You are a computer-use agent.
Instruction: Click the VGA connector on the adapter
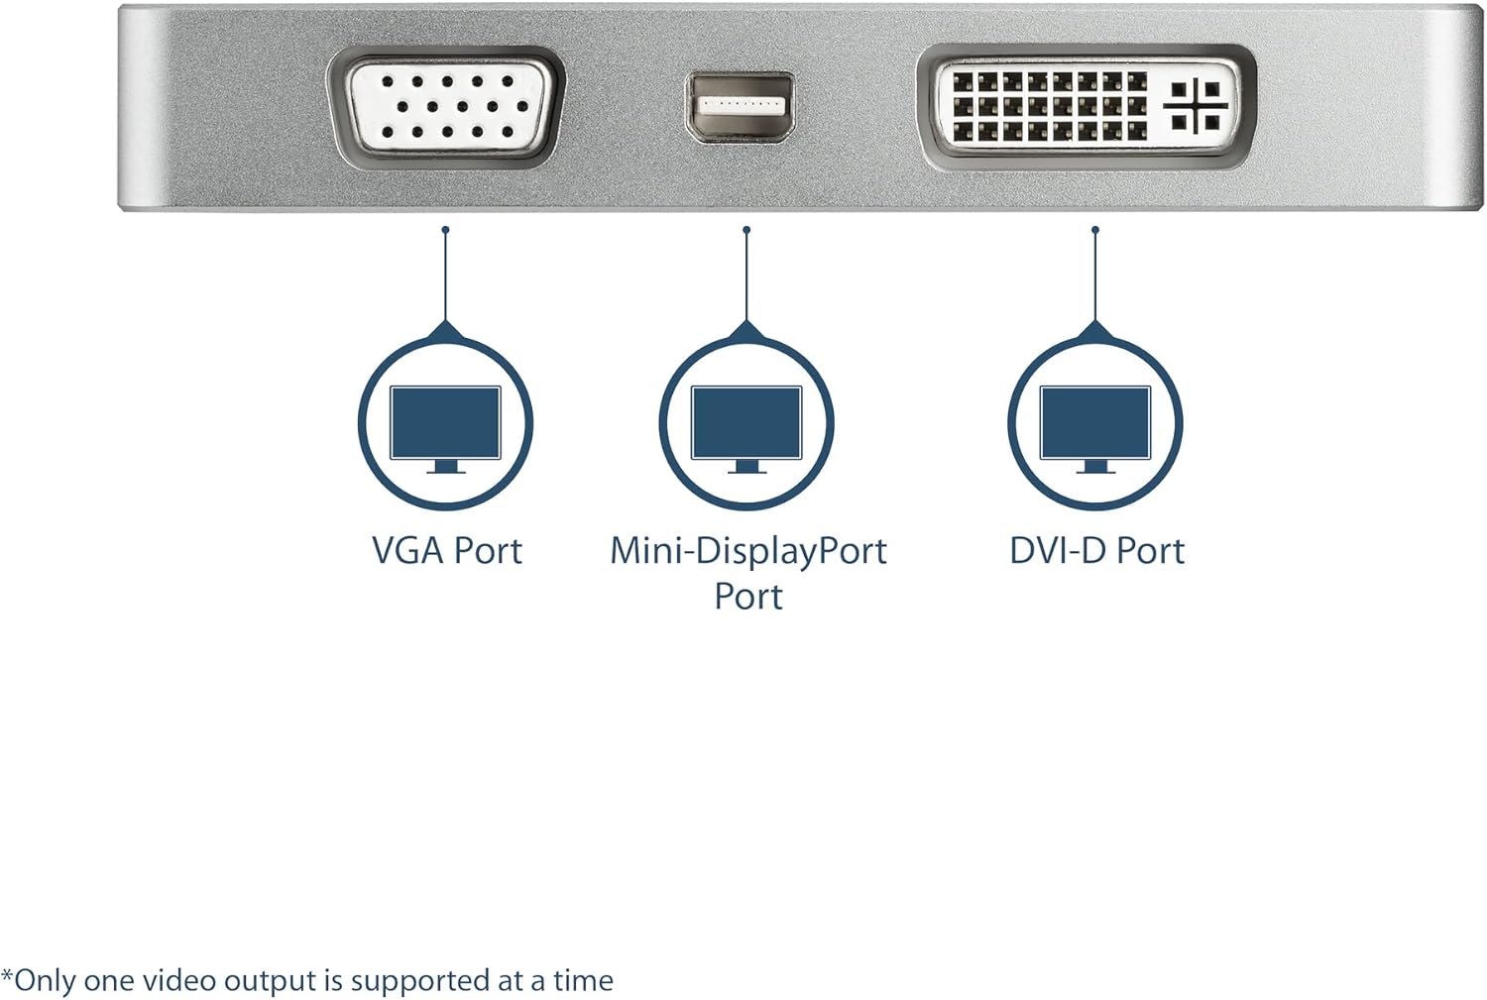point(446,105)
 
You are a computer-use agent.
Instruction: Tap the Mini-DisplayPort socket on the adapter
point(742,105)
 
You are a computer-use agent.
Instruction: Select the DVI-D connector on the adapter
point(1086,105)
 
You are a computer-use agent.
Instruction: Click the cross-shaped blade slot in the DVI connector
point(1196,105)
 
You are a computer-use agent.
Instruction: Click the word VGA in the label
point(407,551)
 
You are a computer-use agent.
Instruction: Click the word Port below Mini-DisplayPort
point(748,597)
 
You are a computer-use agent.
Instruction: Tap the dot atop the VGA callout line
point(445,230)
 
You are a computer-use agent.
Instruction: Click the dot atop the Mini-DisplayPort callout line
point(746,230)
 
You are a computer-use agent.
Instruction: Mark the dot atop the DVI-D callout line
point(1094,230)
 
